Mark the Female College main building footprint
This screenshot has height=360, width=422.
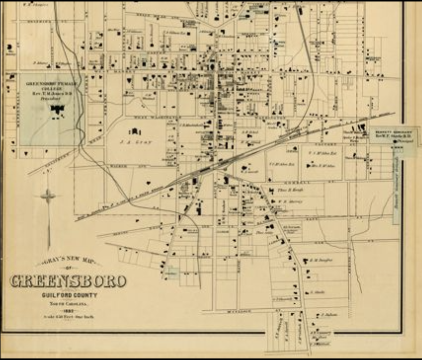coord(59,109)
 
